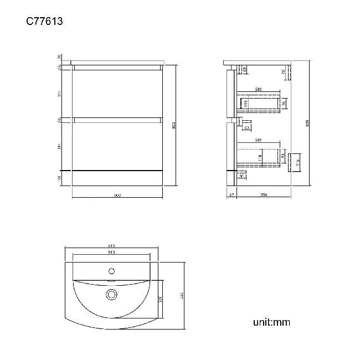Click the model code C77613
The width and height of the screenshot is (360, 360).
click(x=44, y=22)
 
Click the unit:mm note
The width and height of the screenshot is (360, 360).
click(x=271, y=322)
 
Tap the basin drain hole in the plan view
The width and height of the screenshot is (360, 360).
click(x=111, y=295)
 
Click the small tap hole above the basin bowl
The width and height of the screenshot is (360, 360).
click(x=111, y=271)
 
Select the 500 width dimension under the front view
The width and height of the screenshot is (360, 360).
click(x=117, y=195)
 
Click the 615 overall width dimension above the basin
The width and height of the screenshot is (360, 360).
click(x=111, y=246)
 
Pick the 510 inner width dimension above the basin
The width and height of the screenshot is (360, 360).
click(x=111, y=253)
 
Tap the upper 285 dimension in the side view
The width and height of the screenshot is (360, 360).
click(x=258, y=89)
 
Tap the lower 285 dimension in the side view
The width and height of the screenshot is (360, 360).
click(x=258, y=141)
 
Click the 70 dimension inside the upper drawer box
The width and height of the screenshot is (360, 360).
click(x=284, y=103)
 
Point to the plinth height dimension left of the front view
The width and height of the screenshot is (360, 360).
click(x=60, y=177)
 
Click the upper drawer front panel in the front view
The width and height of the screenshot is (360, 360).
click(x=117, y=93)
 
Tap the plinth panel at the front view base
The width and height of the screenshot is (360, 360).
click(x=117, y=178)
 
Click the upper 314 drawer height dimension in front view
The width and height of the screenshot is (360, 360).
click(x=60, y=94)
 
